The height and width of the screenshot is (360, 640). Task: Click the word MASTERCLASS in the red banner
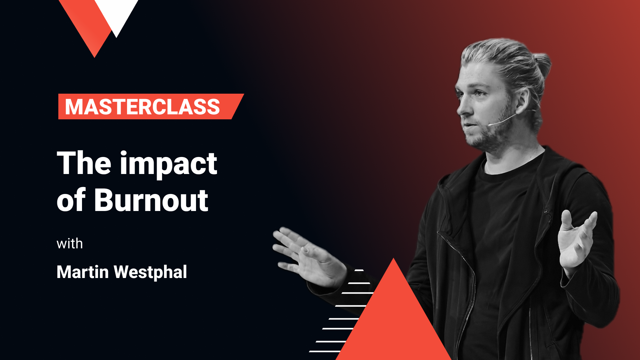[142, 107]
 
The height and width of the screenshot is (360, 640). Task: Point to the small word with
[70, 244]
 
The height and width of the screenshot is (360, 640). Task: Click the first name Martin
[83, 272]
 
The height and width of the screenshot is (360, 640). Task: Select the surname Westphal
[150, 272]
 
